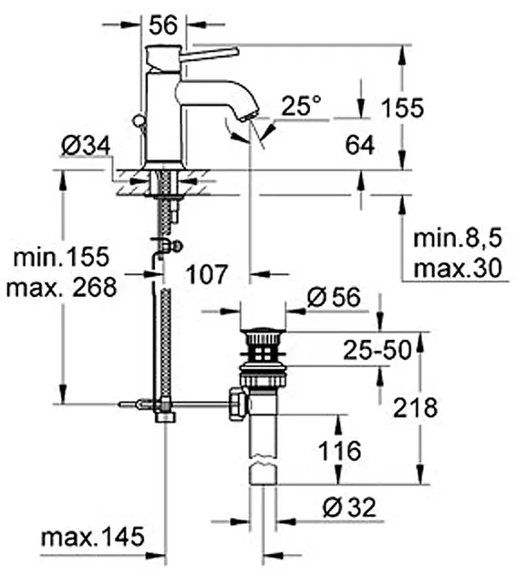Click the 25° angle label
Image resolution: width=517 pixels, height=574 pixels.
[302, 106]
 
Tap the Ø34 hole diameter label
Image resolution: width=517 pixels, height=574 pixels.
[86, 146]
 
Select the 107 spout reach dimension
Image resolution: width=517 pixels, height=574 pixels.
[207, 274]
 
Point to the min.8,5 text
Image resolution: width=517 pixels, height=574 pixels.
[457, 239]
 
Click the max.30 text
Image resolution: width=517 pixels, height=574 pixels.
[457, 268]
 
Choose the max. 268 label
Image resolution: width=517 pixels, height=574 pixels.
[62, 287]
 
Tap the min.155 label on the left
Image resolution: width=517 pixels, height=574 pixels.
[62, 257]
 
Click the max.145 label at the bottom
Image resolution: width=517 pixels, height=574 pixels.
[93, 538]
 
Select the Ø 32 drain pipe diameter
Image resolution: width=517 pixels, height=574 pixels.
[349, 507]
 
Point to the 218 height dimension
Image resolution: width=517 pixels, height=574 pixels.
[415, 408]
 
